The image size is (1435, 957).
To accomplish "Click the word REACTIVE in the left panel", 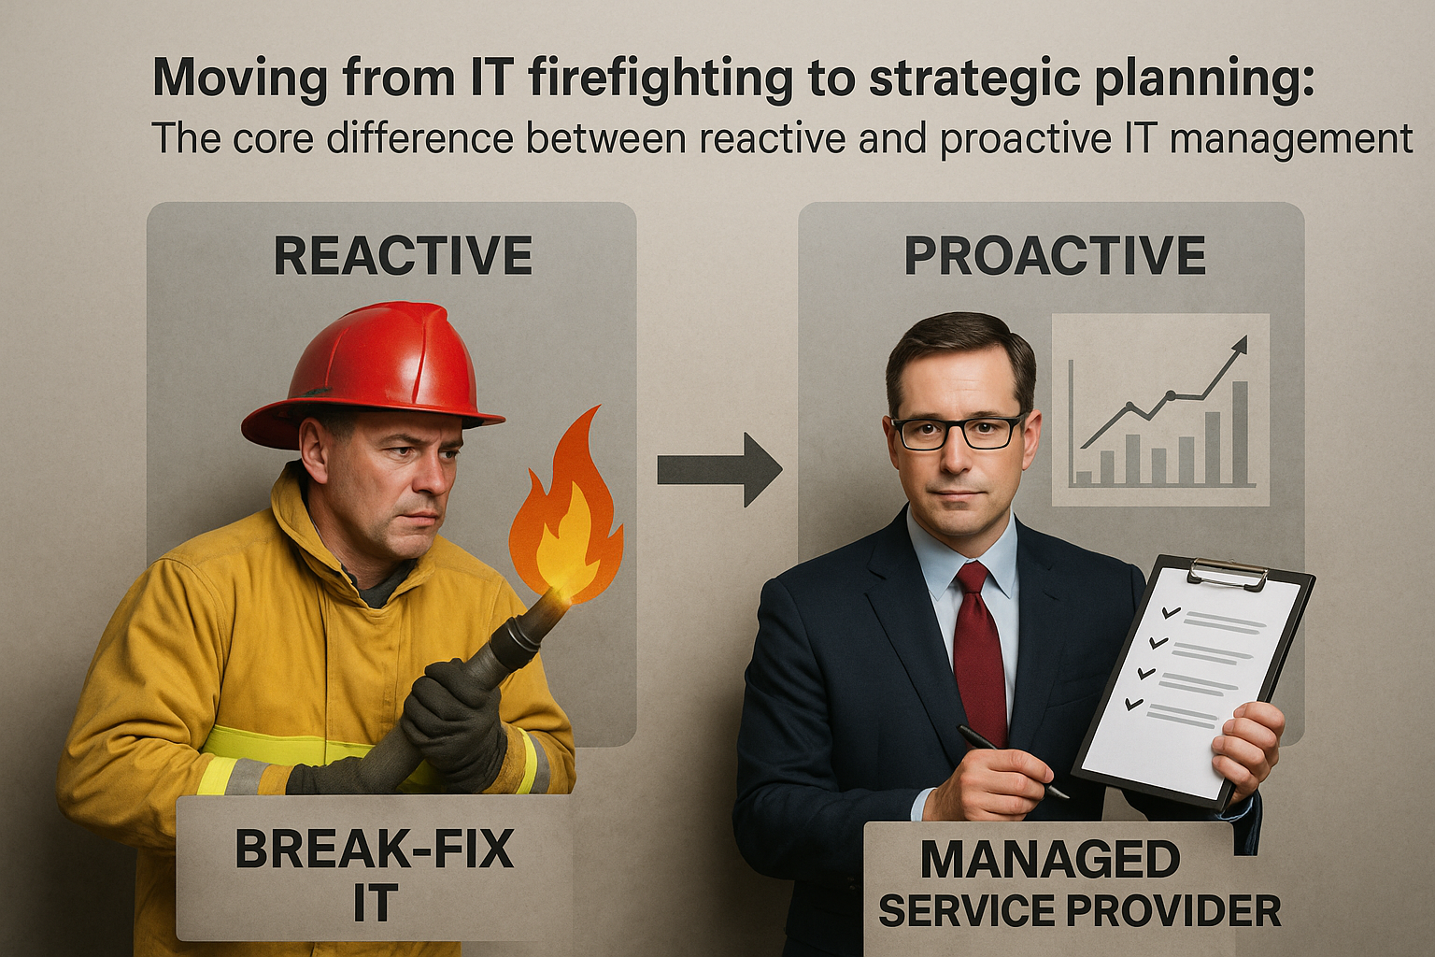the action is tap(403, 255).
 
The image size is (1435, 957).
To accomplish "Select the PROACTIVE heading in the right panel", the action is tap(1055, 255).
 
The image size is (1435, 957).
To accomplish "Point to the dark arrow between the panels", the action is tap(719, 469).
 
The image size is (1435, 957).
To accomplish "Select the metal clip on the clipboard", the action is tap(1228, 575).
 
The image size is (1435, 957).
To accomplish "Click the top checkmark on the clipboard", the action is tap(1171, 613).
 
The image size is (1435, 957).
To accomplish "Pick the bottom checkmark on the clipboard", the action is tap(1134, 704).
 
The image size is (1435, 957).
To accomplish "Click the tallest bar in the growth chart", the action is tap(1241, 434).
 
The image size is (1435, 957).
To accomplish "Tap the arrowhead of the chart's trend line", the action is tap(1241, 345).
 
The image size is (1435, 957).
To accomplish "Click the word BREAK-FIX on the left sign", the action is tap(375, 849).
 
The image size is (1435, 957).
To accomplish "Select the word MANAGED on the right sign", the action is tap(1051, 859).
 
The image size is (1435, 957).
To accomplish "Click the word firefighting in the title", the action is tap(661, 79).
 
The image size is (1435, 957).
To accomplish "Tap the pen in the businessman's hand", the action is tap(1011, 762).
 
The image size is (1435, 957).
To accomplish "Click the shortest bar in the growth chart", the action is tap(1084, 478).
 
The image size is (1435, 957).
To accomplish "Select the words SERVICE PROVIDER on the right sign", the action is tap(1079, 910).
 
